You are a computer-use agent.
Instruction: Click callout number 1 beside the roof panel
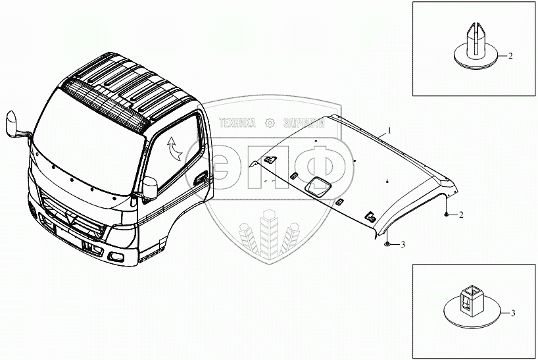click(389, 130)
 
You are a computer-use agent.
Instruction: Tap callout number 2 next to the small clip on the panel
click(461, 215)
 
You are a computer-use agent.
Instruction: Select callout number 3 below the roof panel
click(403, 244)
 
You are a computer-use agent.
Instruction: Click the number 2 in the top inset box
click(510, 56)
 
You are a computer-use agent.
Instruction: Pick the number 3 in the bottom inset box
click(513, 313)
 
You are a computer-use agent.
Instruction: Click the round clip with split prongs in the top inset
click(476, 47)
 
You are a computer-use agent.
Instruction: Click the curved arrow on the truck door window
click(174, 149)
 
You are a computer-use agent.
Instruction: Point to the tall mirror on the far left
click(12, 124)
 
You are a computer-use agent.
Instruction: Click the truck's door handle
click(200, 178)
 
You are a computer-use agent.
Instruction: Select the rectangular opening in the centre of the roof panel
click(318, 187)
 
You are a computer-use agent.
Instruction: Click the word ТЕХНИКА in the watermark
click(237, 123)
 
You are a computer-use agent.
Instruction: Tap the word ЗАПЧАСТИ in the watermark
click(304, 123)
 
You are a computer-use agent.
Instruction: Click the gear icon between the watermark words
click(270, 123)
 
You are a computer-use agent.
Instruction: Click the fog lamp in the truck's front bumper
click(116, 257)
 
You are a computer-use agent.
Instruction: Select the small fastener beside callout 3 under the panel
click(387, 244)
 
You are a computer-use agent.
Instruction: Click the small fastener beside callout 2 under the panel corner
click(446, 215)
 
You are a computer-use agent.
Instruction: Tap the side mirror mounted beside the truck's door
click(150, 188)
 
